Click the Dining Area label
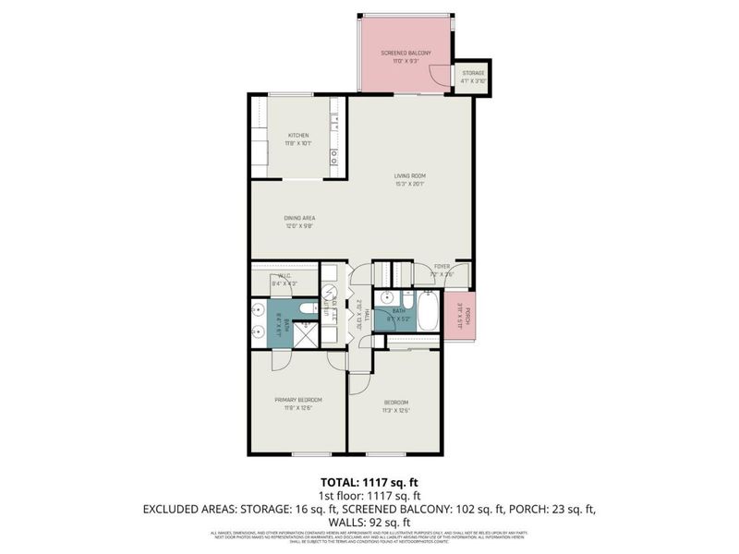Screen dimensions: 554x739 [299, 218]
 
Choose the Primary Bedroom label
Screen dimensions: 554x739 [297, 400]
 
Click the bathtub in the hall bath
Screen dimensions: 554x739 [428, 312]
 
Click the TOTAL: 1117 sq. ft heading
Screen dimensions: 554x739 [369, 482]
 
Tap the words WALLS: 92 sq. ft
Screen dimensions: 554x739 [369, 520]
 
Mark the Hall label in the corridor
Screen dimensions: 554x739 [367, 314]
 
